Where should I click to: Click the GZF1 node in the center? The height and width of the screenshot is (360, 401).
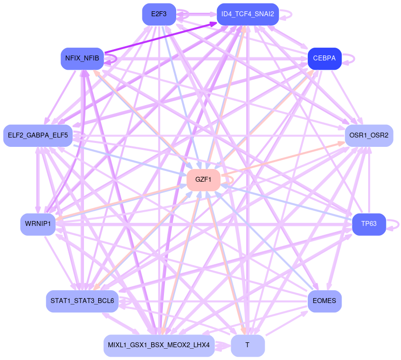pyautogui.click(x=203, y=180)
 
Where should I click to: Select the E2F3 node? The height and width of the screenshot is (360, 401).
pyautogui.click(x=159, y=14)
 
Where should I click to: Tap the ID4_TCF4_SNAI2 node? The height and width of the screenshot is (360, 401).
pyautogui.click(x=247, y=14)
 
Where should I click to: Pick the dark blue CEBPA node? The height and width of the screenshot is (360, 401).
pyautogui.click(x=324, y=58)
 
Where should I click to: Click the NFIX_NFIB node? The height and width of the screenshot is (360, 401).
pyautogui.click(x=82, y=58)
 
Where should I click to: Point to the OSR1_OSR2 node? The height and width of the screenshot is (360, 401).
pyautogui.click(x=369, y=135)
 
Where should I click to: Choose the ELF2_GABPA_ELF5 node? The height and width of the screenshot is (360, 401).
pyautogui.click(x=38, y=135)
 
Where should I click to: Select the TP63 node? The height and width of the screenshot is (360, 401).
pyautogui.click(x=369, y=224)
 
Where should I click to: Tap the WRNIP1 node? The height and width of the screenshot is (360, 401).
pyautogui.click(x=37, y=224)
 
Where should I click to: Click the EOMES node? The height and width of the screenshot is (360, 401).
pyautogui.click(x=324, y=301)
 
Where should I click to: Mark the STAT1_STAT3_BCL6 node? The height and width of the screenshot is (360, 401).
pyautogui.click(x=82, y=301)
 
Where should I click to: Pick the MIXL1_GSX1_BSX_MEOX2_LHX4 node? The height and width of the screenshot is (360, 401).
pyautogui.click(x=159, y=345)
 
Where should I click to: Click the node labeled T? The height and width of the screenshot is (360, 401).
pyautogui.click(x=247, y=345)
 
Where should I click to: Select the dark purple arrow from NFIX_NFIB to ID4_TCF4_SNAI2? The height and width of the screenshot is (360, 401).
pyautogui.click(x=162, y=37)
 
